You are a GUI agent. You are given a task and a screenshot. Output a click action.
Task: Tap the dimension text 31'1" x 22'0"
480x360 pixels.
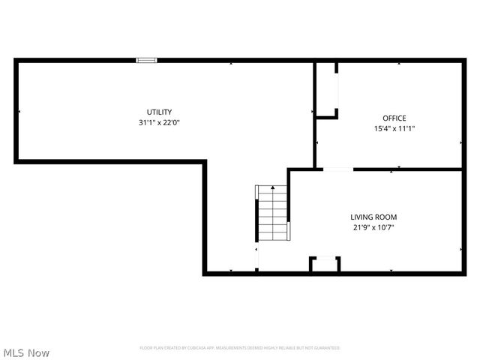(159, 122)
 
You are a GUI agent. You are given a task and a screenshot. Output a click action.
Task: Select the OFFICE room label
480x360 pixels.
(394, 118)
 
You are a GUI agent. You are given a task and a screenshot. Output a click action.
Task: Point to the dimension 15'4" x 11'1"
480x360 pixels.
(394, 128)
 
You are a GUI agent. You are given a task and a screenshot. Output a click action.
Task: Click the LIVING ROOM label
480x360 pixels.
(373, 217)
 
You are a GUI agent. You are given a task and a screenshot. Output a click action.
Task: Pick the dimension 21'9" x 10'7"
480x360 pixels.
(373, 227)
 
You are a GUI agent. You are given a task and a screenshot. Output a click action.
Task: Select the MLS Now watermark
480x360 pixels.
(26, 352)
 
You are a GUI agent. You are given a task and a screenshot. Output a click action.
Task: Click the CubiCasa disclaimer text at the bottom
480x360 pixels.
(240, 348)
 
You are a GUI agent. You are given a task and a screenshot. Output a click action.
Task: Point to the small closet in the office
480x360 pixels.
(326, 90)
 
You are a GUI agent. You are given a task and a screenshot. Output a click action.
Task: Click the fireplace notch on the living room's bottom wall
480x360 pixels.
(325, 265)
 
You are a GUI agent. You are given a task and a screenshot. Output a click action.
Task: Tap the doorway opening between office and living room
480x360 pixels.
(337, 169)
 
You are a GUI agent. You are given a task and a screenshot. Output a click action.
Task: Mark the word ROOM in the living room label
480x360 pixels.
(385, 217)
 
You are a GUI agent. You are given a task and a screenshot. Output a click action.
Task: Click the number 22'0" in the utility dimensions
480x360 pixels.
(171, 122)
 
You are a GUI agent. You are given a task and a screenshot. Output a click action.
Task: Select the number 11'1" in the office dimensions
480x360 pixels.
(406, 128)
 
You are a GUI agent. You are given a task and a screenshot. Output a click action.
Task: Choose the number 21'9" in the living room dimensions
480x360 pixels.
(361, 227)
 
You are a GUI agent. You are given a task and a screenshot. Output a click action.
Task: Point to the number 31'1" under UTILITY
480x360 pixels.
(146, 122)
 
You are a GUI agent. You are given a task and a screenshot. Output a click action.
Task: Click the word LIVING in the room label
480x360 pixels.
(361, 217)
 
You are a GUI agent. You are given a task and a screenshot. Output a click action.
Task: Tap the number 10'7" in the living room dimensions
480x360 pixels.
(385, 227)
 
